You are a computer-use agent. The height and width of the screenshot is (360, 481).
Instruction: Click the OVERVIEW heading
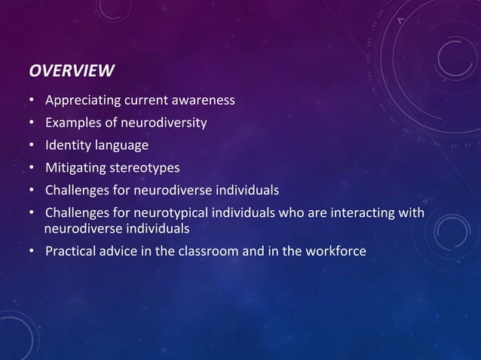72,72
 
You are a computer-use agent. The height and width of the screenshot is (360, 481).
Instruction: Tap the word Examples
72,124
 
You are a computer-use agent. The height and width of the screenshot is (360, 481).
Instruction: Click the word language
121,145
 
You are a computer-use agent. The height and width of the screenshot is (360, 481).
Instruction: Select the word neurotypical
164,212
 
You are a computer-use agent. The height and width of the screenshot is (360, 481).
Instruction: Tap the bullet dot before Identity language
33,146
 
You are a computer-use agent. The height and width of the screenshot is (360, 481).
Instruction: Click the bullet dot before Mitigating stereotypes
33,168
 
